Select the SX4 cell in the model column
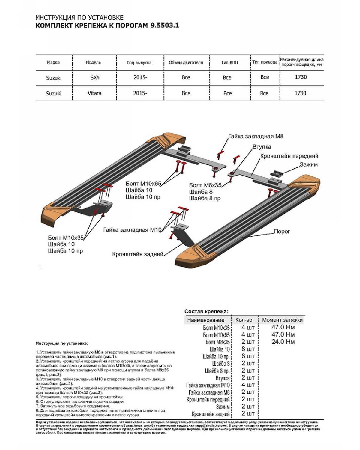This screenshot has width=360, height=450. [x=95, y=78]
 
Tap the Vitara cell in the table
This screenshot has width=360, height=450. [x=94, y=93]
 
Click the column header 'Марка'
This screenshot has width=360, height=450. [x=53, y=62]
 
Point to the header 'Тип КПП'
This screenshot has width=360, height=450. [x=229, y=62]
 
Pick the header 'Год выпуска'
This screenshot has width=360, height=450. [x=139, y=63]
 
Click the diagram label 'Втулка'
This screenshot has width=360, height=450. [x=262, y=147]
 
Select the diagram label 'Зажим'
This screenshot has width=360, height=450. [x=309, y=164]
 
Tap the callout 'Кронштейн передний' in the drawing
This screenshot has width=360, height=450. [x=289, y=156]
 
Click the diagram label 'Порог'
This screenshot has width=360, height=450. [x=282, y=232]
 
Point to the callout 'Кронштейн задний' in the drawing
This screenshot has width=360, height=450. [x=138, y=254]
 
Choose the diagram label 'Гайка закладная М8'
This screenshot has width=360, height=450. [x=256, y=136]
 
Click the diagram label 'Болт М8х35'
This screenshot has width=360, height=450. [x=205, y=185]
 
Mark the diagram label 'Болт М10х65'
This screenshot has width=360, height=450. [x=143, y=184]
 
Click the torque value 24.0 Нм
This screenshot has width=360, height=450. [x=283, y=342]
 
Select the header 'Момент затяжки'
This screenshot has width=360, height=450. [x=282, y=320]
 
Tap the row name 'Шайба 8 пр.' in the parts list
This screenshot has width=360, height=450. [x=217, y=371]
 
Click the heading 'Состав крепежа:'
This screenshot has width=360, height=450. [x=206, y=311]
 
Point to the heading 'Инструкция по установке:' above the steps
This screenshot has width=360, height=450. [x=62, y=343]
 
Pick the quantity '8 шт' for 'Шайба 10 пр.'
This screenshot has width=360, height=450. [x=248, y=356]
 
